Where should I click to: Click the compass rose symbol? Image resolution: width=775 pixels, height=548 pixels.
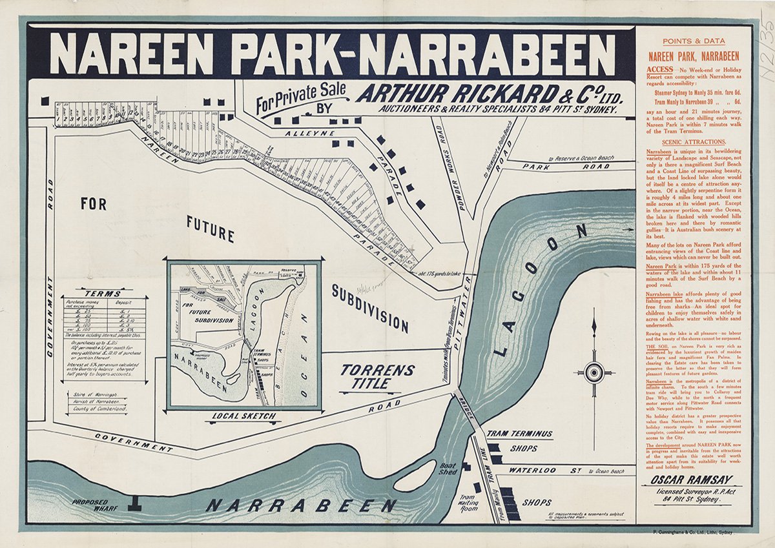594,372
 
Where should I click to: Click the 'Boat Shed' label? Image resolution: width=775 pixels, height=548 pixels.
448,469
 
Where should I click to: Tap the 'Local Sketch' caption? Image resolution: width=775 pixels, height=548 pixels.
244,416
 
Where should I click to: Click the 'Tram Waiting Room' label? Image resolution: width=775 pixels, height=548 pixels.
467,502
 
